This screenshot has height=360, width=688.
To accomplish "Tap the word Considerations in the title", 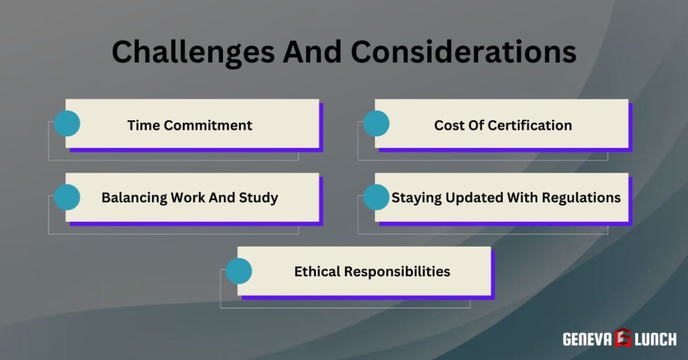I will click(x=463, y=52).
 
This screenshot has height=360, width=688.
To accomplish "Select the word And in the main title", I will click(x=312, y=52).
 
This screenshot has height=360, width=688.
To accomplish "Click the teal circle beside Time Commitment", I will click(x=67, y=123).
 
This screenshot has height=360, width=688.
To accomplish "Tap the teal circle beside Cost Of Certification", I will click(x=376, y=123).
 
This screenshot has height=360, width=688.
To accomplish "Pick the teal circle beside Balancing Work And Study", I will click(x=67, y=197).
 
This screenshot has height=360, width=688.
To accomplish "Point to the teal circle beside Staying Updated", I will click(x=376, y=197).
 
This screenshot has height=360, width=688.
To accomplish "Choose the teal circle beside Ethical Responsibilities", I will click(x=239, y=271).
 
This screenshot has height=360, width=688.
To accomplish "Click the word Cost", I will click(x=448, y=125).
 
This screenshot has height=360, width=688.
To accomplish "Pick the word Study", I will click(x=259, y=197).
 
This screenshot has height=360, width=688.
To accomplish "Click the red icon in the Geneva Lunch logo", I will click(x=623, y=338).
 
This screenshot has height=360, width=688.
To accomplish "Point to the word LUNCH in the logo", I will click(x=655, y=339).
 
